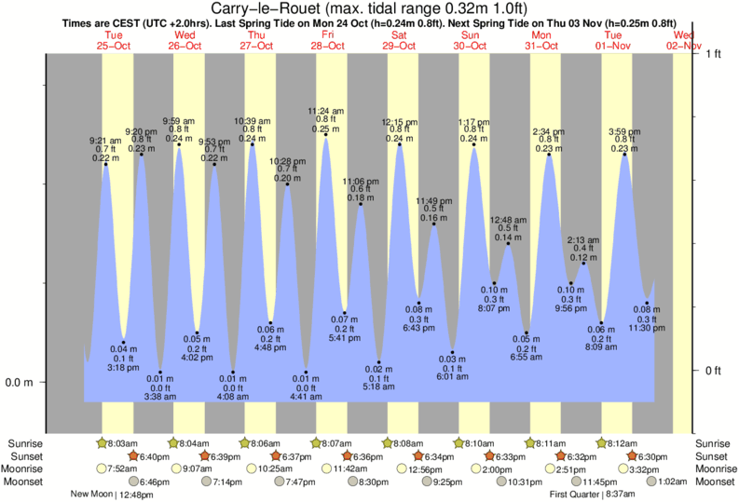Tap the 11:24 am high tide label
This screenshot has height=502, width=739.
click(x=326, y=109)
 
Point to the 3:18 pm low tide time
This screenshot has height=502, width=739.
click(x=124, y=368)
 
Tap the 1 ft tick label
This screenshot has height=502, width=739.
click(x=714, y=55)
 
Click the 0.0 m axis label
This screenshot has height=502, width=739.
click(x=20, y=382)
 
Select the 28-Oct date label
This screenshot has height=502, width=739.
click(x=327, y=45)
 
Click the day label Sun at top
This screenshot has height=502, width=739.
click(x=472, y=34)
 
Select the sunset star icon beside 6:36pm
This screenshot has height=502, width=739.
click(x=348, y=456)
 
